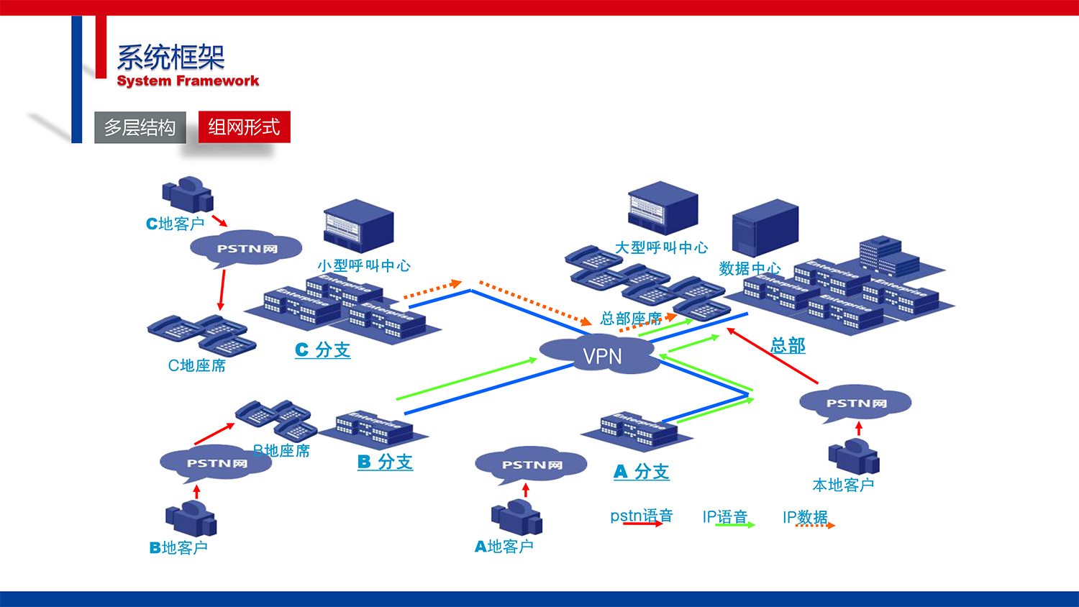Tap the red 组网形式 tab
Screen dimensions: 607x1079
244,127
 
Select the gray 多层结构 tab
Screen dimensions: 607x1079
140,127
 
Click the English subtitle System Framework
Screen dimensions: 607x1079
188,81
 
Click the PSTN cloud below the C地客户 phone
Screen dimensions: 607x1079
246,248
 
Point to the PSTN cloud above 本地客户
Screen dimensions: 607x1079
855,403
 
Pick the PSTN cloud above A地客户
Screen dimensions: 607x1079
531,465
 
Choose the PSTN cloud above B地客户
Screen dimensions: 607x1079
216,463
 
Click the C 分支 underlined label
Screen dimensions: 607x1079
322,350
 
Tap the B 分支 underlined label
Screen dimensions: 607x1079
385,462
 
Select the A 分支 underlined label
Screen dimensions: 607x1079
641,472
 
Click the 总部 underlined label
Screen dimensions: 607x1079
788,345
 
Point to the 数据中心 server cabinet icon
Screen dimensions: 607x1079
765,227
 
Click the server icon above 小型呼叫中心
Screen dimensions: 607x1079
358,225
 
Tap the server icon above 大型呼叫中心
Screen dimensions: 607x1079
663,208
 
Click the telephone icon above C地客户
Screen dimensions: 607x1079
188,194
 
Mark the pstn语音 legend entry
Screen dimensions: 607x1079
641,516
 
